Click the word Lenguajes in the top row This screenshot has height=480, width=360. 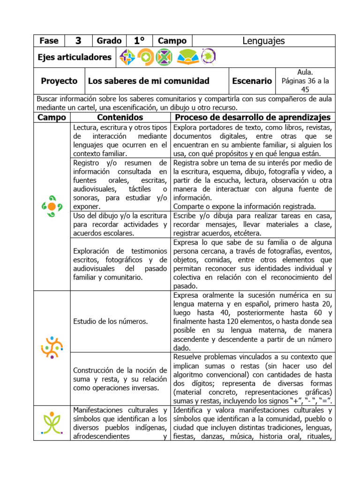point(263,41)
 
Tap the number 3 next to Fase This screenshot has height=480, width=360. point(78,41)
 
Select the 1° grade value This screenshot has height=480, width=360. point(139,41)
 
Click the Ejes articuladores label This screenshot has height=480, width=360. point(75,57)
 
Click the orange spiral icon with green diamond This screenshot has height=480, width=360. point(145,57)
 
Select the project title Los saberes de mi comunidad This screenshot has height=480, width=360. point(149,81)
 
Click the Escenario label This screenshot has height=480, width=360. point(252,81)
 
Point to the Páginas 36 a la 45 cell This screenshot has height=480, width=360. point(305,81)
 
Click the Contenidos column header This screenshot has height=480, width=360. point(120,117)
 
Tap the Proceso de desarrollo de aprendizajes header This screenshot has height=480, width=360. point(253,117)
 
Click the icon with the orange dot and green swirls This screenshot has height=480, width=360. point(52,206)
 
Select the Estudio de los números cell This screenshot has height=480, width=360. point(111,321)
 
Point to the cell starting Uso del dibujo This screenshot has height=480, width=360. point(120,225)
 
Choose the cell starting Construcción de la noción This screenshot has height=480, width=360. point(120,379)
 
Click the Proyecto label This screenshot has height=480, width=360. point(59,81)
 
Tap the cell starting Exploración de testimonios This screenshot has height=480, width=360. point(120,264)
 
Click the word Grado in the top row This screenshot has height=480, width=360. point(109,41)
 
